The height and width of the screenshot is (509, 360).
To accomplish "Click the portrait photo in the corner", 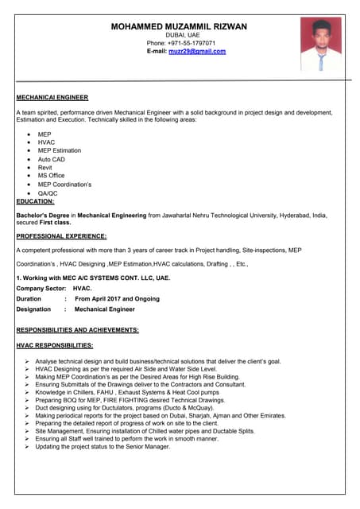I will (x=320, y=45).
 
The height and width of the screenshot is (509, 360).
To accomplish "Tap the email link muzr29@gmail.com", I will (x=197, y=51).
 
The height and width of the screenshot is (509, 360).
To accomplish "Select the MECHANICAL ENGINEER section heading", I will (x=52, y=97).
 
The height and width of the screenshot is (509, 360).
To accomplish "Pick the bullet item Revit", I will (x=45, y=168).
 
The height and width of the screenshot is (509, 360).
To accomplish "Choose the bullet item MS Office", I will (x=52, y=176).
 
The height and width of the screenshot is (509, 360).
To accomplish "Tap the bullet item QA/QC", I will (x=48, y=193).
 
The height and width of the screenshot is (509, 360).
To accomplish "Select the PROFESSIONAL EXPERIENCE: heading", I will (x=61, y=236).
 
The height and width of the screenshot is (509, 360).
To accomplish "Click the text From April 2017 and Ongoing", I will (x=117, y=299).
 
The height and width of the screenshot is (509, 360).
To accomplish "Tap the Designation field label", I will (x=33, y=309).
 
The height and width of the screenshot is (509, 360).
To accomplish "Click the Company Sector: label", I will (x=41, y=289).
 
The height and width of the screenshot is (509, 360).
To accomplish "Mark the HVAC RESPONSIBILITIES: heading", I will (x=55, y=345).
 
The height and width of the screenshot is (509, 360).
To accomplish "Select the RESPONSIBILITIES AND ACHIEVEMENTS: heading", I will (x=78, y=329).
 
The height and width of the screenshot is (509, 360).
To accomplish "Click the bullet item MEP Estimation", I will (x=60, y=150).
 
